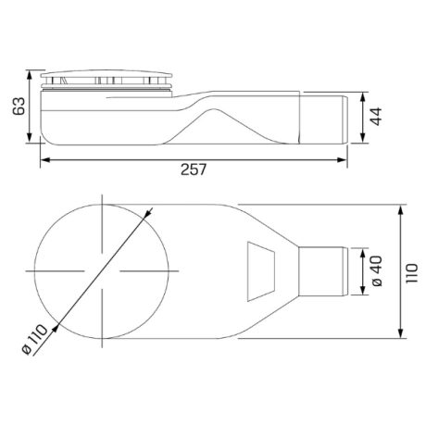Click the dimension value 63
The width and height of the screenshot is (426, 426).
(19, 106)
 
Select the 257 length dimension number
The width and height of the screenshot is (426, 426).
(194, 169)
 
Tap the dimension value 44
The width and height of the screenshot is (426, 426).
(376, 117)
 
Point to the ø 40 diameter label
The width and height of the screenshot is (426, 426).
(377, 271)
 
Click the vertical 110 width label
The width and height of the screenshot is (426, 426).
(412, 273)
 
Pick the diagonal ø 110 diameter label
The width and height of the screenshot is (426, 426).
(35, 339)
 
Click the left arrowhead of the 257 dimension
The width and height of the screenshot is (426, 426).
(45, 160)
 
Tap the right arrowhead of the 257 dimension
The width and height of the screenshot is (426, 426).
(342, 160)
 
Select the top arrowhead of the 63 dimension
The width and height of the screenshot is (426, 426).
(30, 75)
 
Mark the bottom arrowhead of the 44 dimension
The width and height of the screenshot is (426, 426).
(363, 138)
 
